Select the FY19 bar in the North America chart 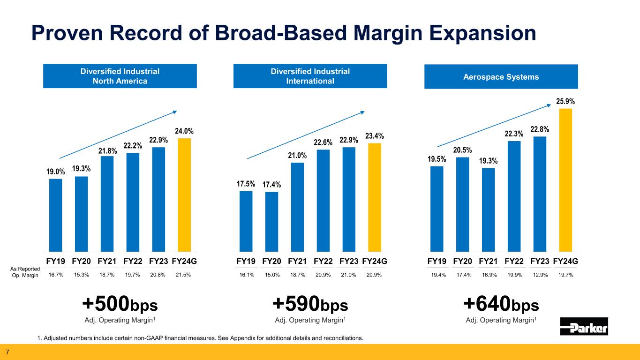tap(55, 215)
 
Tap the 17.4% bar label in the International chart tap(272, 184)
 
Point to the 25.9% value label tap(565, 101)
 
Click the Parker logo tap(584, 326)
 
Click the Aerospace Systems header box tap(501, 76)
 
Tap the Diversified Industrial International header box tap(310, 76)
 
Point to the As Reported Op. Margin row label tap(25, 272)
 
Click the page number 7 tap(8, 352)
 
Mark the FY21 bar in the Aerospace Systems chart tap(488, 210)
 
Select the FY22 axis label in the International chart tap(323, 261)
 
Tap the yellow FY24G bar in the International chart tap(375, 197)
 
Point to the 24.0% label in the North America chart tap(184, 131)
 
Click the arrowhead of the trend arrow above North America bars tap(175, 112)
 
